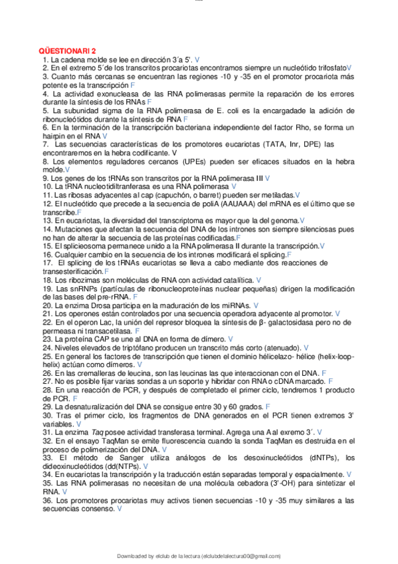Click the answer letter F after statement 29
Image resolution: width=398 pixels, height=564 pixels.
coord(268,406)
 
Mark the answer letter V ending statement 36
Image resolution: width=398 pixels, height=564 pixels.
coord(120,508)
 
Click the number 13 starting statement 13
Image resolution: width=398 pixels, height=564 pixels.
coord(47,219)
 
